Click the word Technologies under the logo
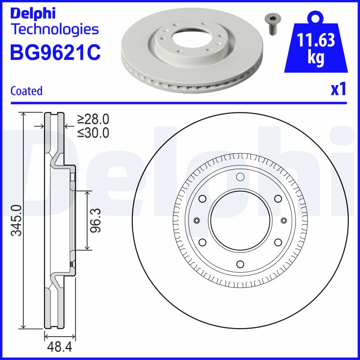[54, 30]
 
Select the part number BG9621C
[55, 52]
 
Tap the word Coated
[26, 91]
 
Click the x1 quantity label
[338, 90]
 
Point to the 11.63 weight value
[316, 41]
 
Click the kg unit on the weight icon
[316, 59]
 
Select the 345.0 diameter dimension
[16, 220]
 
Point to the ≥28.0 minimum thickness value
[93, 119]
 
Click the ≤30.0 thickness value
[93, 133]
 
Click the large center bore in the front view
[240, 220]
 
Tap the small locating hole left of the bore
[196, 220]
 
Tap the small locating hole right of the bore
[283, 220]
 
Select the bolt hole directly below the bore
[240, 264]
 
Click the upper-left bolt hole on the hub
[202, 198]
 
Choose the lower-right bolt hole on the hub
[278, 242]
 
